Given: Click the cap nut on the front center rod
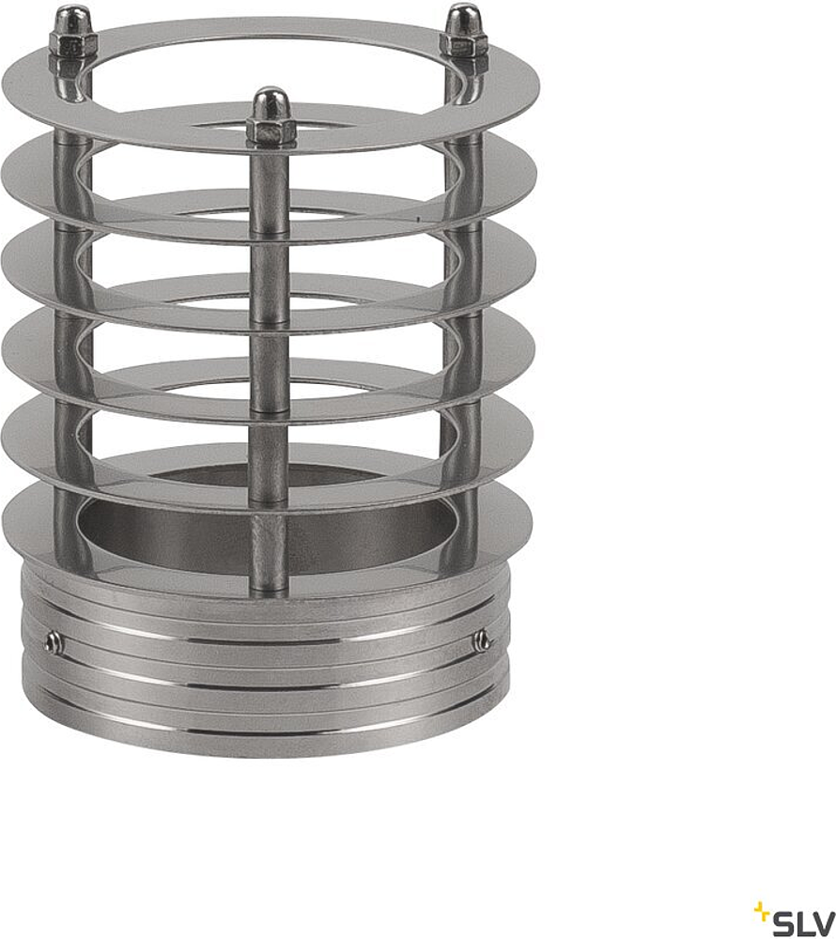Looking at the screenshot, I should coord(271,116).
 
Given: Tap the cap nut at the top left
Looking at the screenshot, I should coord(72,33).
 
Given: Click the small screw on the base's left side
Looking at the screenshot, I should coord(54,643).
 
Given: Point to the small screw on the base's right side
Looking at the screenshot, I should coord(482,641).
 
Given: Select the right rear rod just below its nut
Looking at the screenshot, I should coord(464,75).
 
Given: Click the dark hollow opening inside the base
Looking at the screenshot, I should coord(188,526).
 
